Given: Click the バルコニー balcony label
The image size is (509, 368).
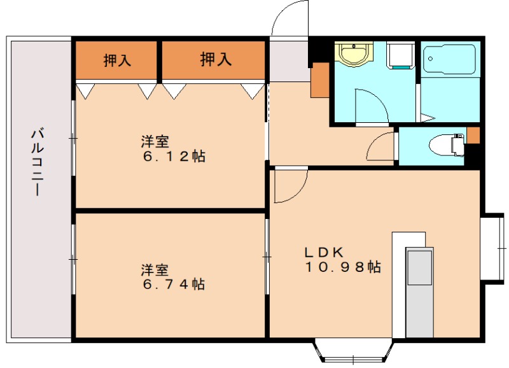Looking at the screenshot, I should pos(38,162).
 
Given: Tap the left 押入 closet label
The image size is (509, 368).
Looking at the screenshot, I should pos(117,60).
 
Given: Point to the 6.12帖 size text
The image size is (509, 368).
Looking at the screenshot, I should pos(174,157).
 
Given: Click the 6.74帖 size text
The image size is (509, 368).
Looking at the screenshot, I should pos(173,284).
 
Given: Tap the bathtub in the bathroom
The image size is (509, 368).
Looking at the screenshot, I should pos(450,60).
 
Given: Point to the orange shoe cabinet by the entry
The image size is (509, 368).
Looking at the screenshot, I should pos(319,80).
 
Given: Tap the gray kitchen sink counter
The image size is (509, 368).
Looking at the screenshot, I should pos(419,267).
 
